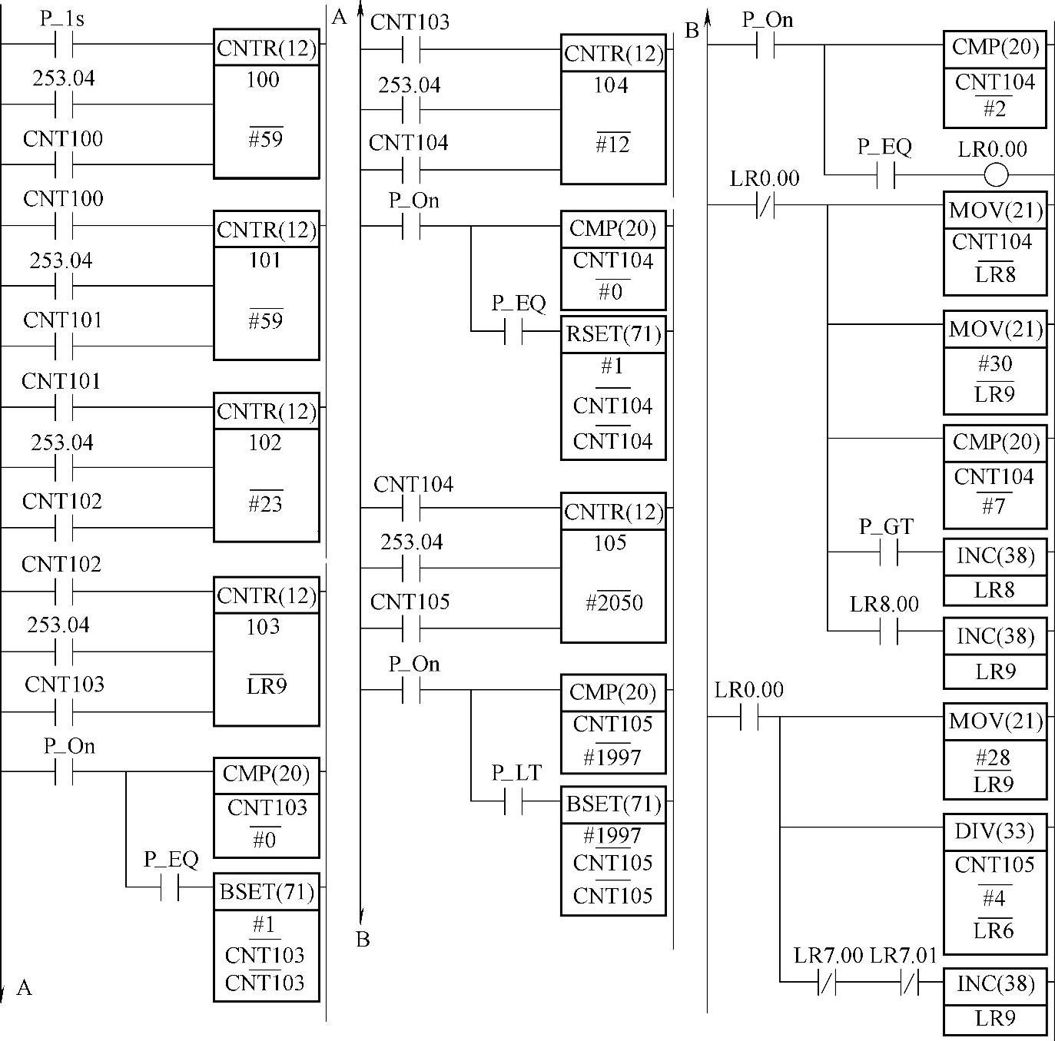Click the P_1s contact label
tap(62, 18)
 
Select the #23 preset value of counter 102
tap(265, 504)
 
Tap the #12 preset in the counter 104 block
tap(612, 144)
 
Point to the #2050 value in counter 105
tap(614, 602)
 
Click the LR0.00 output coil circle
tap(996, 175)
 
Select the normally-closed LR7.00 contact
tap(827, 982)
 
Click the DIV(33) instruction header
tap(994, 831)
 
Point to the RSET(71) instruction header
tap(612, 334)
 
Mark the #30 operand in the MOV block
tap(995, 363)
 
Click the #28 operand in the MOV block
tap(994, 758)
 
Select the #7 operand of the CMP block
tap(994, 507)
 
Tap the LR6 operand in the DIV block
tap(994, 931)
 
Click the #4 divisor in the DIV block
tap(994, 897)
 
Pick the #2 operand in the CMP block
tap(994, 109)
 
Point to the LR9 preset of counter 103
tap(266, 685)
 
